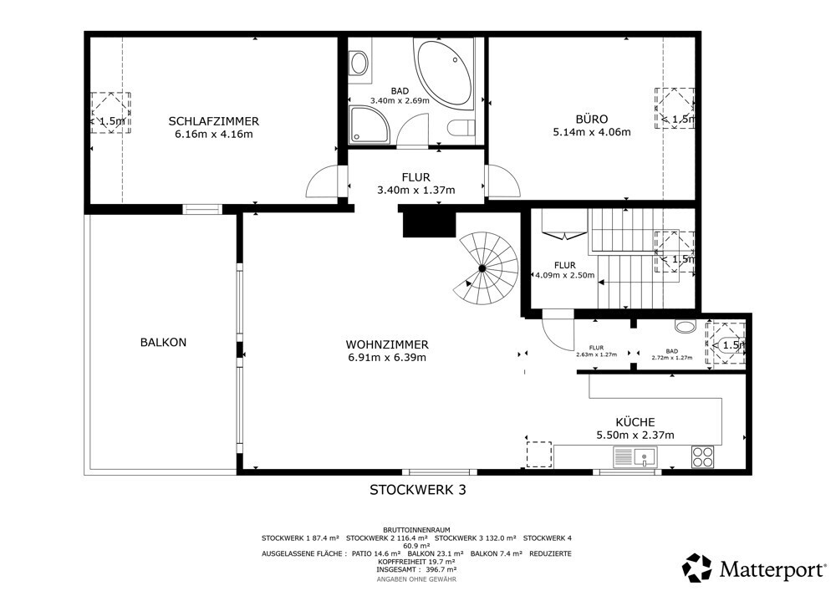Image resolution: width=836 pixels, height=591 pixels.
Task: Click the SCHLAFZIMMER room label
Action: tap(214, 121)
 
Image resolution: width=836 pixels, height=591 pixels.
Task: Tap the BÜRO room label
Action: tap(591, 119)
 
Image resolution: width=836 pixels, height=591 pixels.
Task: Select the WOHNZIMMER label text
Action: tap(387, 344)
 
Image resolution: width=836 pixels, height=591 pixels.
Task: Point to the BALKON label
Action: tap(163, 342)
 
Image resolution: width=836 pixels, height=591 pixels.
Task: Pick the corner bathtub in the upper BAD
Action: tap(444, 73)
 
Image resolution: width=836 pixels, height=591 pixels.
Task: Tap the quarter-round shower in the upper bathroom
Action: tap(369, 125)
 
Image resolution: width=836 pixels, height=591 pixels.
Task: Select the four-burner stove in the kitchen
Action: tap(703, 456)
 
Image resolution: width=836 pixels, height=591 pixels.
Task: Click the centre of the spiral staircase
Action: tap(482, 268)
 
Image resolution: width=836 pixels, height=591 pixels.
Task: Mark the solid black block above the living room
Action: tap(429, 222)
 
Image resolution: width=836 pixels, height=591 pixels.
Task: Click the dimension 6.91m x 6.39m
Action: tap(387, 358)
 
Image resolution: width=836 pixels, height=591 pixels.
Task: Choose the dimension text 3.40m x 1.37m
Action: tap(415, 190)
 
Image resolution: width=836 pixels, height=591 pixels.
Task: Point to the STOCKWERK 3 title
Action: tap(418, 490)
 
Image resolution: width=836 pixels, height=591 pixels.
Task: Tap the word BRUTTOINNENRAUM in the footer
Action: tap(416, 530)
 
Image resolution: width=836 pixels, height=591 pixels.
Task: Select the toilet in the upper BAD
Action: tap(461, 129)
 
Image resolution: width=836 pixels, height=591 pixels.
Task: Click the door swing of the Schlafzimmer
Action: tap(322, 181)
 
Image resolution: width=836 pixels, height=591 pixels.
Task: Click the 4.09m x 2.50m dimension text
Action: tap(564, 276)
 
